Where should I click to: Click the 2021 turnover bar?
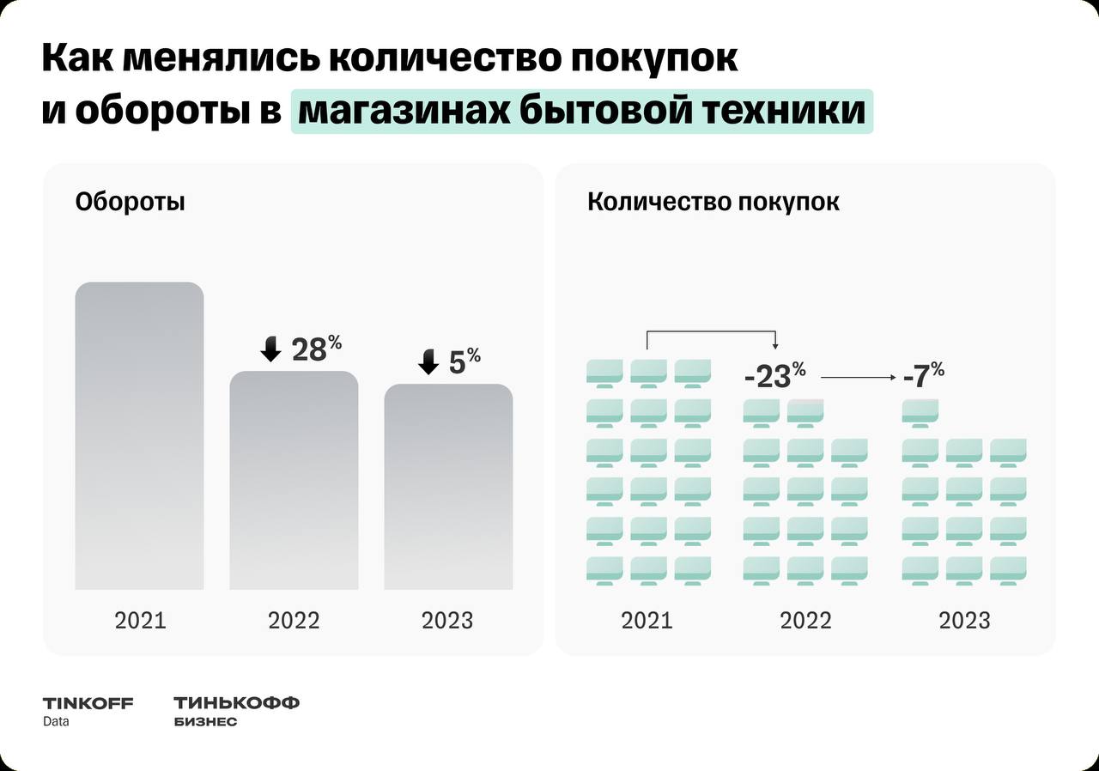[139, 436]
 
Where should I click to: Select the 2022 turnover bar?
[294, 481]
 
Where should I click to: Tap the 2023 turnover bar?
[448, 487]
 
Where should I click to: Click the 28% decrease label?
[316, 349]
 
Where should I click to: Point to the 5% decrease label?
[464, 361]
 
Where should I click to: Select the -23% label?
[774, 375]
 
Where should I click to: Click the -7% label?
[924, 375]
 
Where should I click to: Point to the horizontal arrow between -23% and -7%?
[857, 376]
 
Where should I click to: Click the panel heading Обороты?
[130, 203]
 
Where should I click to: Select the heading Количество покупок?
[713, 203]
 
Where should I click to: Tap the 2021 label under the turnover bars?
[140, 620]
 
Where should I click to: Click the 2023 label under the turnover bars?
[447, 620]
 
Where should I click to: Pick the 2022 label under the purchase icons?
[805, 620]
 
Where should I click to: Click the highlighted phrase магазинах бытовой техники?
[581, 112]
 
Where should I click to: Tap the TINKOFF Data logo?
[88, 711]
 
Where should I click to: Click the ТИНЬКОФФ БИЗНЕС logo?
[236, 711]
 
